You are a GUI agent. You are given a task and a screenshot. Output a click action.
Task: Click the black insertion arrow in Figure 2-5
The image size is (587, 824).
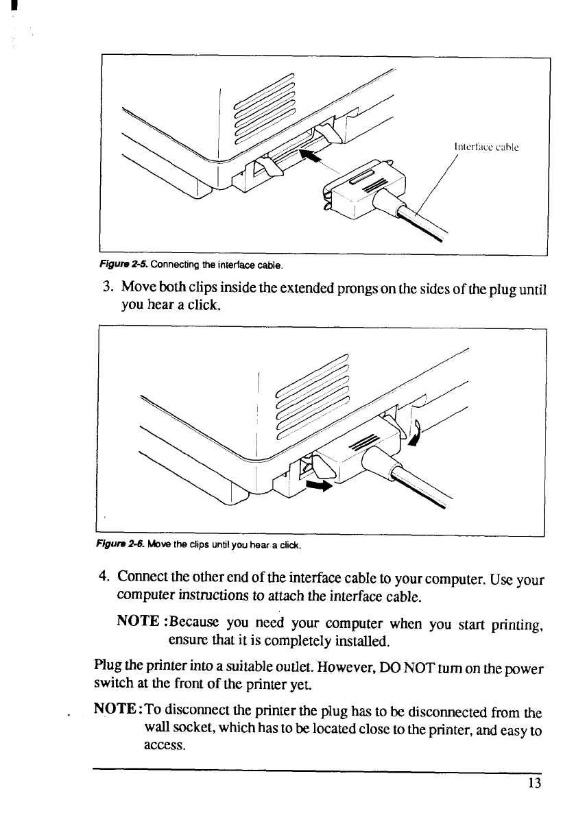(x=309, y=158)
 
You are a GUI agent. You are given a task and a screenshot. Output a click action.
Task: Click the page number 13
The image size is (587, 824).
(x=536, y=783)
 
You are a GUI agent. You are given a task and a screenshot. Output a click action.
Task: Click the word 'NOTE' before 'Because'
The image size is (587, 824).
(x=141, y=622)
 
